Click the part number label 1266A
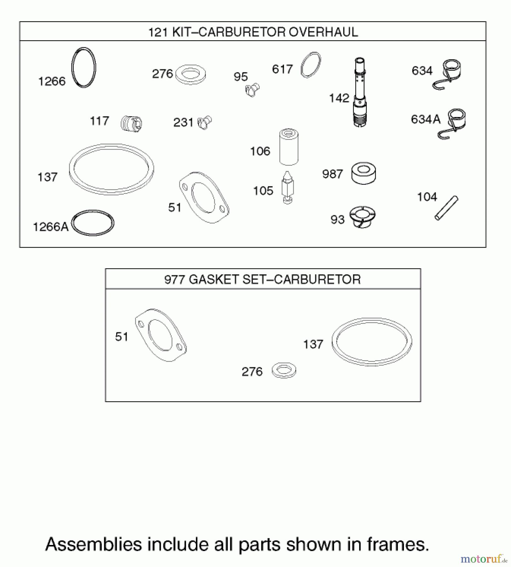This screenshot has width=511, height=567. pos(50,227)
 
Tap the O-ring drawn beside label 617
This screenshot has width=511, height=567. pos(310,65)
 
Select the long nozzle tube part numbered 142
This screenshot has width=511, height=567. pos(360,93)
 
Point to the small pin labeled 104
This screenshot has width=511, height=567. pos(446,208)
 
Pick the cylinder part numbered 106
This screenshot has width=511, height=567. pos(288,147)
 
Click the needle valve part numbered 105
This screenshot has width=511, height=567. pos(288,188)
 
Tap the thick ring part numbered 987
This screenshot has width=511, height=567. pos(364,173)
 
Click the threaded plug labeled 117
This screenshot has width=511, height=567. pos(131,123)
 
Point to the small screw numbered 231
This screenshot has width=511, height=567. pos(205,123)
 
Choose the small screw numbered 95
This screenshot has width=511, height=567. pos(252,89)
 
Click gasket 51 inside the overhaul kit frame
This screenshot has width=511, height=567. pos(204,198)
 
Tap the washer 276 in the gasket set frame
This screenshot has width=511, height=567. pos(284,370)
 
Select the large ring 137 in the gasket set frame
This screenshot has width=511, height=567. pos(372,342)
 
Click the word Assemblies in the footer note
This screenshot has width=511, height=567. pos(94,544)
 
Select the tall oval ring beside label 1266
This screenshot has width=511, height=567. pos(84,67)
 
